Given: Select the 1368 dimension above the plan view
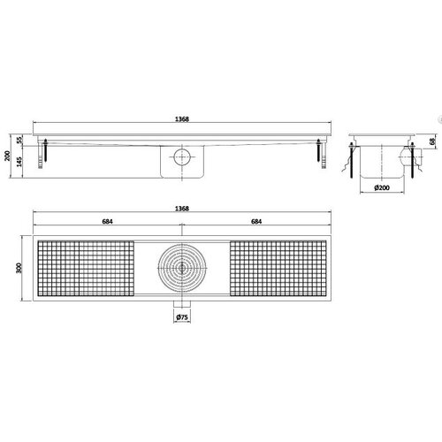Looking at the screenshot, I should [182, 210].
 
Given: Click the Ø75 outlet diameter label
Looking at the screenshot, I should [182, 316].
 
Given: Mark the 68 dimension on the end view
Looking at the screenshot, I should [432, 143].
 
